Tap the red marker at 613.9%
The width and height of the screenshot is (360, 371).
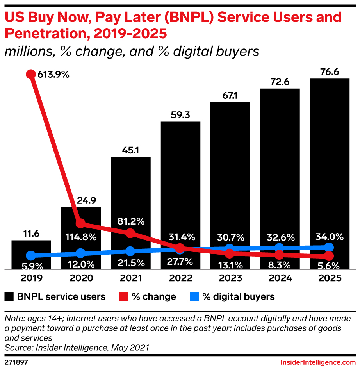(31, 74)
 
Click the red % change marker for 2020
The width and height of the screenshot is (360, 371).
(80, 223)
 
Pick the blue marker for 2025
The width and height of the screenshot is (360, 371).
(329, 247)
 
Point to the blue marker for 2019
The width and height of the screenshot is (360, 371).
(31, 256)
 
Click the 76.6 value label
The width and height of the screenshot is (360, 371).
(329, 71)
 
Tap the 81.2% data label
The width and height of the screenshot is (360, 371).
(130, 221)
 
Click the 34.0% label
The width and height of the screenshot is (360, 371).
(329, 236)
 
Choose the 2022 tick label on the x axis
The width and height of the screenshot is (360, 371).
(180, 278)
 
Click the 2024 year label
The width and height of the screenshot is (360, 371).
(280, 278)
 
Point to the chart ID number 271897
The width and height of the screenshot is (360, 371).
(16, 362)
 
